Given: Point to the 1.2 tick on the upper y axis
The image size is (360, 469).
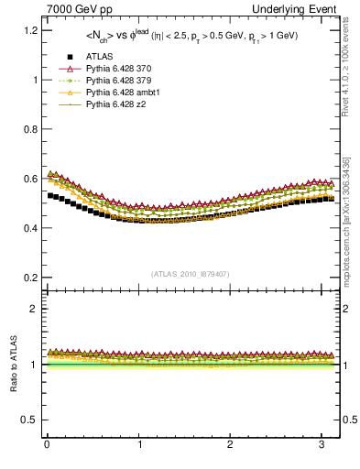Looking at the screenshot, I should click(x=29, y=30).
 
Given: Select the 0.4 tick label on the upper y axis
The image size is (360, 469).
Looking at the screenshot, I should click(x=29, y=228).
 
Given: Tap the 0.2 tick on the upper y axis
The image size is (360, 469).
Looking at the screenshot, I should click(x=29, y=278).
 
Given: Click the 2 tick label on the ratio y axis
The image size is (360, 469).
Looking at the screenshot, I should click(x=34, y=309).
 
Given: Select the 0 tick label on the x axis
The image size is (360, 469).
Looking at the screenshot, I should click(x=46, y=446).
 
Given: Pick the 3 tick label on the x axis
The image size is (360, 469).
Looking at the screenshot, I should click(x=322, y=446).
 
